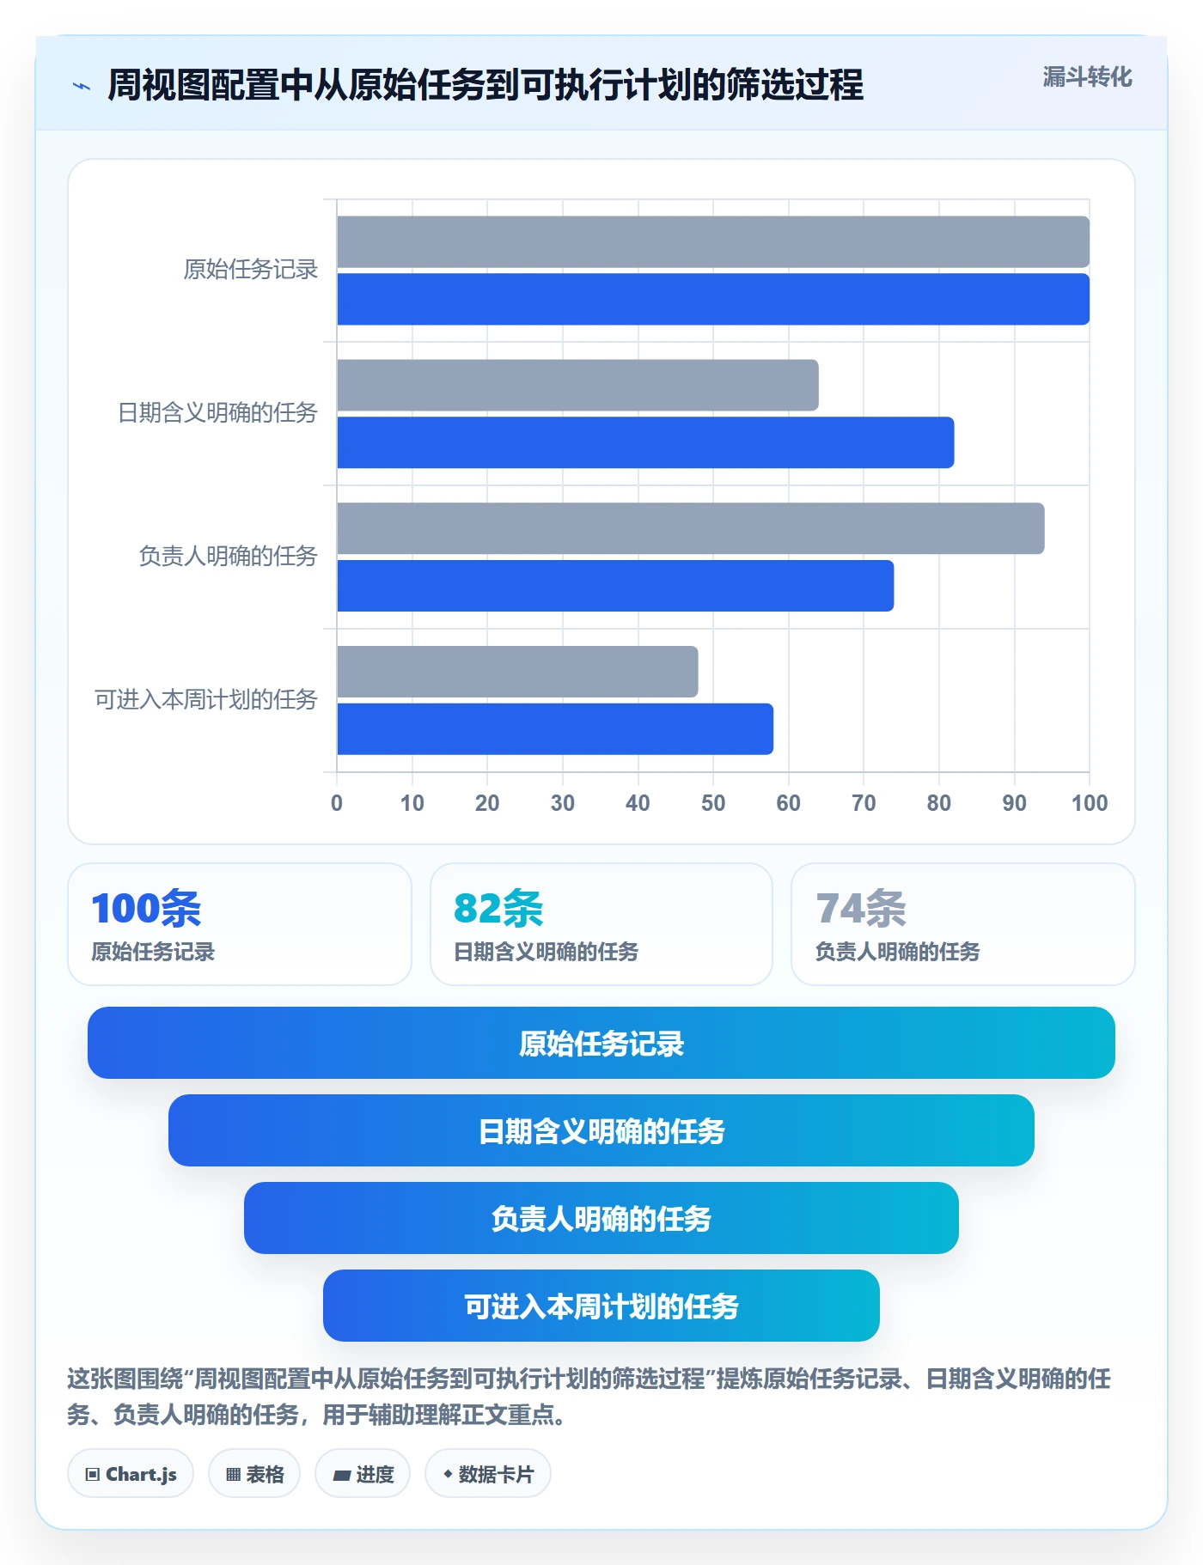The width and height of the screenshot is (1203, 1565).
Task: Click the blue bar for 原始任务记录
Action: coord(713,299)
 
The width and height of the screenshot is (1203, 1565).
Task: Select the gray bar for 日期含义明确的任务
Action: coord(577,385)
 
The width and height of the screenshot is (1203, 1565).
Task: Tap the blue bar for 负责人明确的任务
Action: coord(615,586)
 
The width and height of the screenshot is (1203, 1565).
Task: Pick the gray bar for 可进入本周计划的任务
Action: coord(517,672)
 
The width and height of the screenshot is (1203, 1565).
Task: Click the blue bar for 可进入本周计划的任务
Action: coord(555,729)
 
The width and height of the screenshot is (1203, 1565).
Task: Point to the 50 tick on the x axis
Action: coord(713,803)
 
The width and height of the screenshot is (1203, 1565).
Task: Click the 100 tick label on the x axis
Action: coord(1090,803)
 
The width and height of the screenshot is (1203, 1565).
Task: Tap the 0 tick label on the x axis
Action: coord(337,803)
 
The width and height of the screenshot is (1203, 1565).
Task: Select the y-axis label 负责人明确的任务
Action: coord(229,557)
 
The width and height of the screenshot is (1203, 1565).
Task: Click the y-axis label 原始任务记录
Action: coord(251,270)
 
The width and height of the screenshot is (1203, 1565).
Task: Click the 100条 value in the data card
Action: coord(146,908)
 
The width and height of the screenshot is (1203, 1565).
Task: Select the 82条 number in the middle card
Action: coord(498,908)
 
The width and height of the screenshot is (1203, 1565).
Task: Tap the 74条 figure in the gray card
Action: coord(861,908)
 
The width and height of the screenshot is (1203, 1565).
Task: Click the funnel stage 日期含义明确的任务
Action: coord(601,1130)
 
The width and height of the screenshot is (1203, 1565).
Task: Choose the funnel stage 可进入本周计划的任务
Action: coord(601,1306)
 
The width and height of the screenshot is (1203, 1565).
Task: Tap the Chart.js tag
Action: coord(131,1474)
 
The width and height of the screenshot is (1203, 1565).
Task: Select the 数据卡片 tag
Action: coord(488,1474)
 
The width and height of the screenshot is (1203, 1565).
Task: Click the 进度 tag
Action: coord(363,1474)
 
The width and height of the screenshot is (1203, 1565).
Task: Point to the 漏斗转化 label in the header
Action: coord(1088,77)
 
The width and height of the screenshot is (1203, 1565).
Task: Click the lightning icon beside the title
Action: coord(82,86)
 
